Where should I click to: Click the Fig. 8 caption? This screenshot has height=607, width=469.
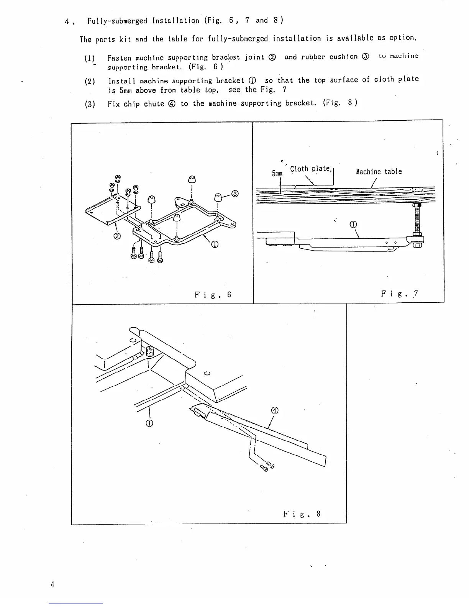[302, 514]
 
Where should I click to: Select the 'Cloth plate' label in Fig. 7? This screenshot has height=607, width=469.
[310, 169]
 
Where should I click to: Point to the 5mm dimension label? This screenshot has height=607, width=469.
[277, 174]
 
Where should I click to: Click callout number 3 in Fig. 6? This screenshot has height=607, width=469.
[235, 194]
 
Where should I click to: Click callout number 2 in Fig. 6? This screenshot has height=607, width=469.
[118, 236]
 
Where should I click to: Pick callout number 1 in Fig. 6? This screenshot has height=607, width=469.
[214, 245]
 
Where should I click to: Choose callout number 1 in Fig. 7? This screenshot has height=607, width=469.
[354, 225]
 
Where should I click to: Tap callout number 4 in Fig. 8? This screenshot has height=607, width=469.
[274, 410]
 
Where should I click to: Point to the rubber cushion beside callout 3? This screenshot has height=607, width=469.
[219, 197]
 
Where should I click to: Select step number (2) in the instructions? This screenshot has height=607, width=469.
[90, 81]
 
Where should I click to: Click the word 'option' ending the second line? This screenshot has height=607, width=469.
[402, 38]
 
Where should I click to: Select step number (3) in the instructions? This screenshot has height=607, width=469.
[90, 104]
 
